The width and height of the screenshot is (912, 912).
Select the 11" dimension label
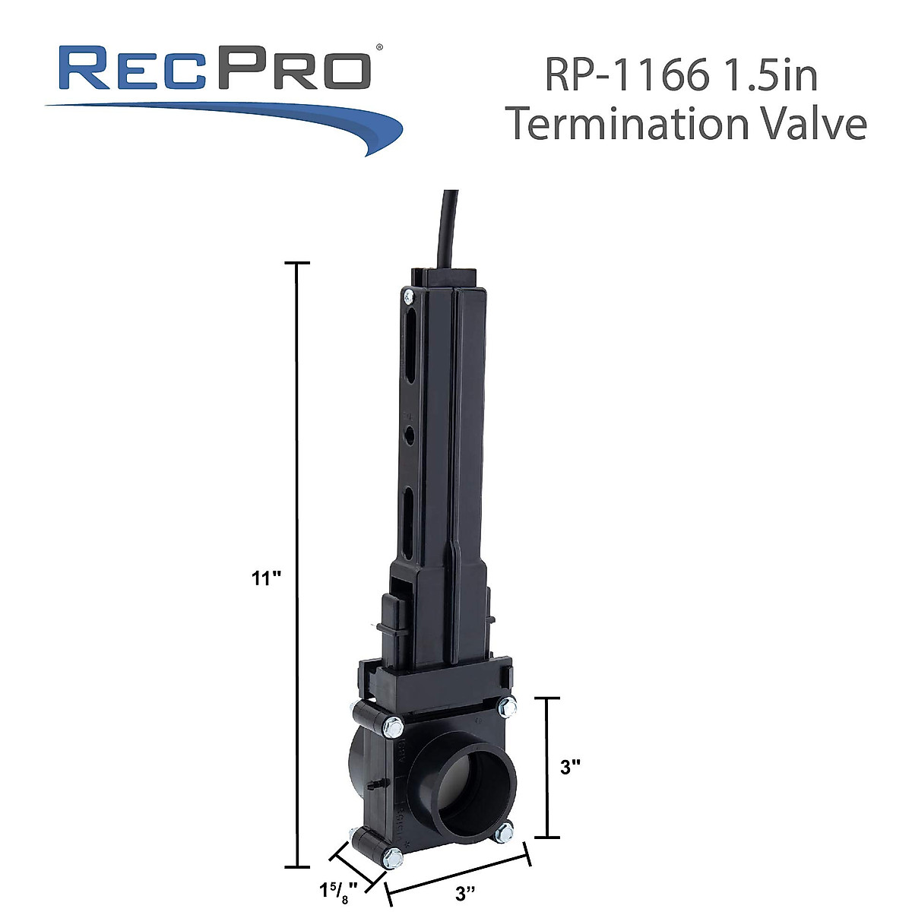[267, 578]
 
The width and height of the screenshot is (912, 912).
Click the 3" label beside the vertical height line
[571, 768]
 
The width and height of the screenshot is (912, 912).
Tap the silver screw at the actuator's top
[409, 296]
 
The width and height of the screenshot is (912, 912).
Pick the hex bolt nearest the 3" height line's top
[503, 708]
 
